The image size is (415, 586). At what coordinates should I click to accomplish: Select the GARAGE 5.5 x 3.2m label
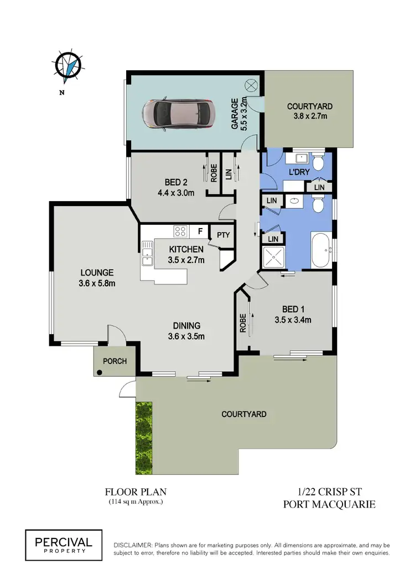238,114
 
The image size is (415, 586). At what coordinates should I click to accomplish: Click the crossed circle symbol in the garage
250,85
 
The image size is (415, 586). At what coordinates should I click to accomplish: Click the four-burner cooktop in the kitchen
180,231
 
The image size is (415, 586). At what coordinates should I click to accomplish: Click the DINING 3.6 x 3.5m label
185,330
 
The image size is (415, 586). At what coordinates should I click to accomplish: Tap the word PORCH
115,362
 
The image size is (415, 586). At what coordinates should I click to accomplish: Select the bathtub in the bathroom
319,250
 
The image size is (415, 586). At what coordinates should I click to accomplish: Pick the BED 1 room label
293,314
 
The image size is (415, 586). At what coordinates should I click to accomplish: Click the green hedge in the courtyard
144,432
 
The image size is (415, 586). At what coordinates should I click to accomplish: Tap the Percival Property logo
63,542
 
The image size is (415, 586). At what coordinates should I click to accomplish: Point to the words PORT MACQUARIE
329,504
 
